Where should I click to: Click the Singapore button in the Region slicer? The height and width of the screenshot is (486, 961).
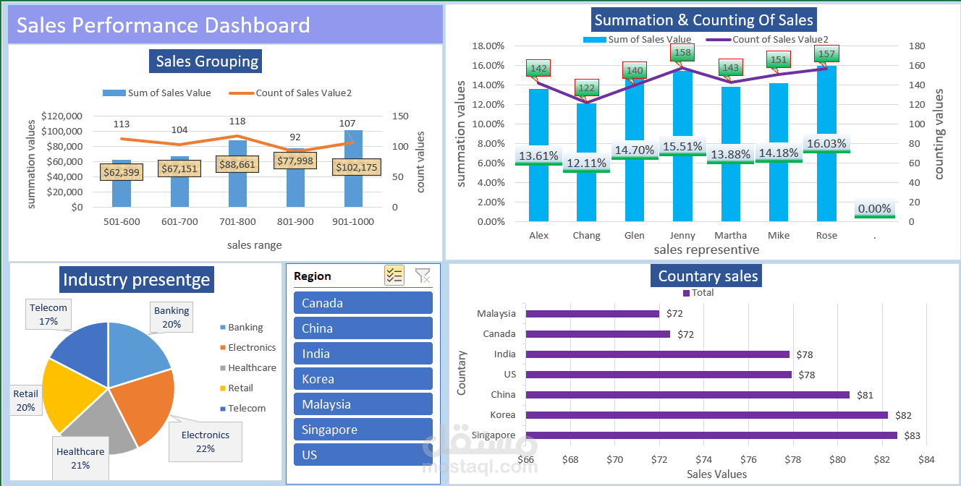coord(363,430)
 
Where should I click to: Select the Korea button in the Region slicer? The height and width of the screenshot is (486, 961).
coord(363,379)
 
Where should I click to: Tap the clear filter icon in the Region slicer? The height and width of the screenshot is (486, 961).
coord(423,276)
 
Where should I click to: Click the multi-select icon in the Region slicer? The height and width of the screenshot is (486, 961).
coord(394,276)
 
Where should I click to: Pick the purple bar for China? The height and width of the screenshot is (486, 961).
coord(687,395)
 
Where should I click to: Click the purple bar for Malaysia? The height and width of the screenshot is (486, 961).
coord(593,314)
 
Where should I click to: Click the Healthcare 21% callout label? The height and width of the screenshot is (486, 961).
coord(80,459)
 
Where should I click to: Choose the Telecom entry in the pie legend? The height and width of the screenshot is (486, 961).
coord(247,409)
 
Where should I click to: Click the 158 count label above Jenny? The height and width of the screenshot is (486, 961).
coord(682,53)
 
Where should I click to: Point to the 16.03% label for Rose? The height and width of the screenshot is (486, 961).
coord(826,144)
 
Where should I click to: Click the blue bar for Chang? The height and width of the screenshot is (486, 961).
coord(586,195)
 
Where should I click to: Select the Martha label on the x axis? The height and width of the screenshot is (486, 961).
coord(730,236)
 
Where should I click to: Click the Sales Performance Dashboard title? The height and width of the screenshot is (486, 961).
coord(164,25)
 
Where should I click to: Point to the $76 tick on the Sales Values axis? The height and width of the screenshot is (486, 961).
coord(748,460)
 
